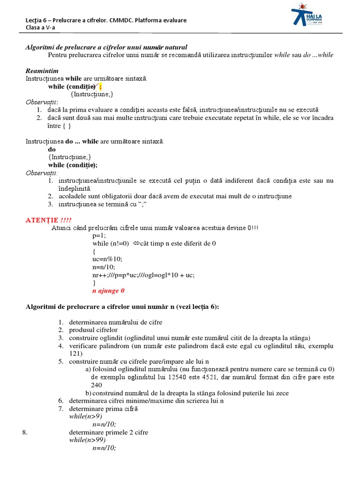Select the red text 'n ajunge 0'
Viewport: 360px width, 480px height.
pos(109,291)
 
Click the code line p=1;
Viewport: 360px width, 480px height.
pos(99,236)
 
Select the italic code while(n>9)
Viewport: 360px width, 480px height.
pos(86,416)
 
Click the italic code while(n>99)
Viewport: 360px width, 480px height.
pos(87,440)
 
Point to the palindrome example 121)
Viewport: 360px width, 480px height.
pos(75,353)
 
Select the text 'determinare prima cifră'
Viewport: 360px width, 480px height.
pos(103,408)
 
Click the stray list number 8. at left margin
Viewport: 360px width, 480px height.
pos(25,432)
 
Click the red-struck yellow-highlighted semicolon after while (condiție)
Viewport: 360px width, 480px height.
pos(100,87)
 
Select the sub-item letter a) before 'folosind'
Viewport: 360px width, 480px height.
pos(88,369)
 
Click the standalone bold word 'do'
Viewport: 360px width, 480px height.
pos(52,150)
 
